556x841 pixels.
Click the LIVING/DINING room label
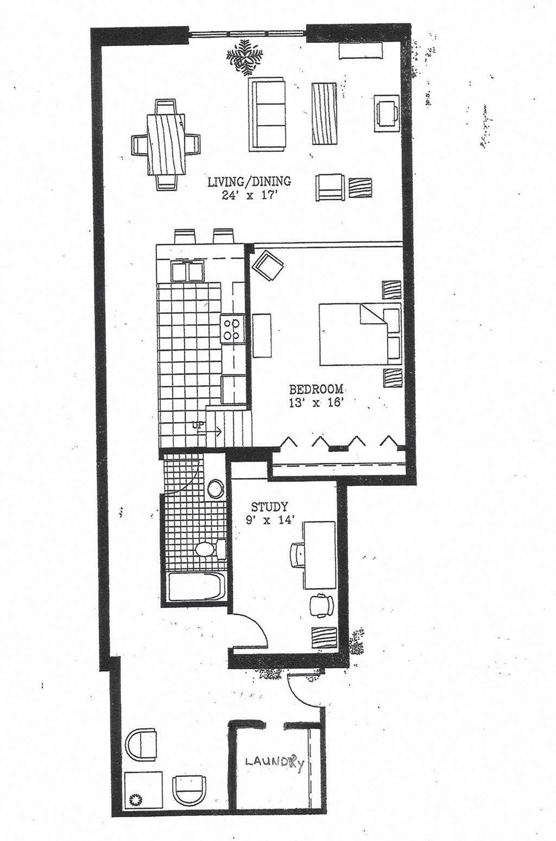[x=249, y=182]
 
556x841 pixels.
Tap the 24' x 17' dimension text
[x=249, y=196]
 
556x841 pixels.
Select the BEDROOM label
[x=316, y=389]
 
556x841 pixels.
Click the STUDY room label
[x=269, y=507]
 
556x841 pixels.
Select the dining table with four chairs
[x=165, y=145]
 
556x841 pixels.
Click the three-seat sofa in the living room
[x=267, y=114]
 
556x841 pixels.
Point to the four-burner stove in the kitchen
[x=232, y=329]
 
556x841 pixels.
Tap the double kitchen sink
[x=187, y=272]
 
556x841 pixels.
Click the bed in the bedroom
[x=353, y=334]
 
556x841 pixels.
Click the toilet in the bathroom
[x=208, y=549]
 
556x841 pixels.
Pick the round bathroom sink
[x=216, y=488]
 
